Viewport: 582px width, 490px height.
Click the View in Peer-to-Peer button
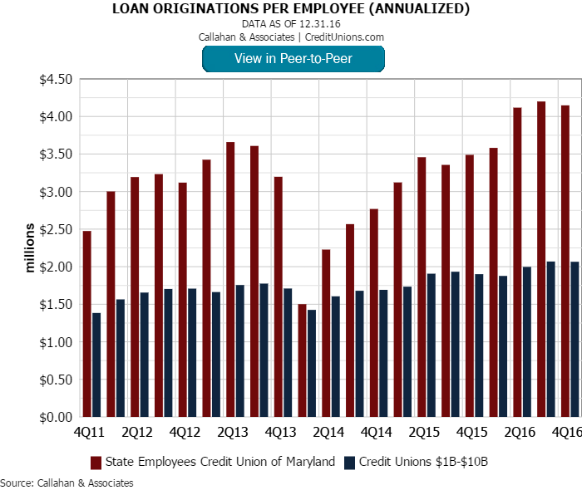pos(293,58)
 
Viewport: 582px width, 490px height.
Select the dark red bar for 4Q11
pos(86,324)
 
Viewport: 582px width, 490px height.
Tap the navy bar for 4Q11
pos(96,365)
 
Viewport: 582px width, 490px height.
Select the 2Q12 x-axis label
pos(137,432)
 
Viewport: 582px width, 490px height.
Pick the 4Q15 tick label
pos(473,432)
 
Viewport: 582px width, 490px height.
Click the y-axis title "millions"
pos(30,247)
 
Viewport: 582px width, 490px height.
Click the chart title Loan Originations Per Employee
pos(291,10)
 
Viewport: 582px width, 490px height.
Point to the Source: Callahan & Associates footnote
pos(67,483)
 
